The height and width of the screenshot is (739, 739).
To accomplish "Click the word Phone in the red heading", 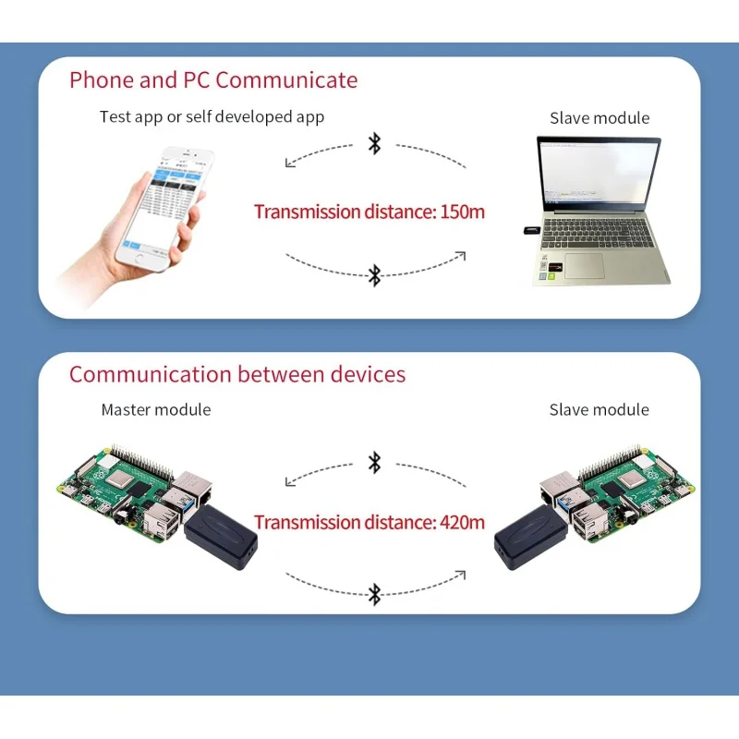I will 102,80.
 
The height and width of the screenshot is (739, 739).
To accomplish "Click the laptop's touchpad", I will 584,265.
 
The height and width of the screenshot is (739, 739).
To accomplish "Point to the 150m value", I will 462,212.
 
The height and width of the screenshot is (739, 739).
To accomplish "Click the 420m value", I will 462,522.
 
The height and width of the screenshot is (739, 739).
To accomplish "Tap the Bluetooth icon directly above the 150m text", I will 374,144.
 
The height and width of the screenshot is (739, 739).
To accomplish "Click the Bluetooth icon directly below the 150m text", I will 374,274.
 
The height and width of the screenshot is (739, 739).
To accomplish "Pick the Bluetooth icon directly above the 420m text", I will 374,462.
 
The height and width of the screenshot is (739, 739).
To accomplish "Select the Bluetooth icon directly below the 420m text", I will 374,593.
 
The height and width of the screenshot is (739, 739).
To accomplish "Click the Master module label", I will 156,409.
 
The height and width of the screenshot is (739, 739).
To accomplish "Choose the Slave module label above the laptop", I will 600,118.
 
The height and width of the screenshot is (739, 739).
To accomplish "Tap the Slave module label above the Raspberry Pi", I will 600,409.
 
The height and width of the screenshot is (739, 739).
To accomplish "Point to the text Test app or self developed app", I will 212,117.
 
